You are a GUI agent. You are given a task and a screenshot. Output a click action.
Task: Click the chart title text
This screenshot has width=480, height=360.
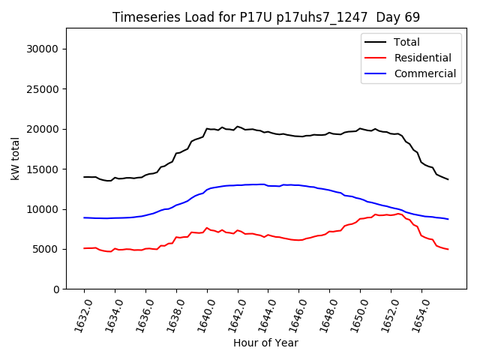pyautogui.click(x=266, y=17)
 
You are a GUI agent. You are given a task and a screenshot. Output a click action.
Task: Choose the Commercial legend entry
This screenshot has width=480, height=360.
pyautogui.click(x=424, y=73)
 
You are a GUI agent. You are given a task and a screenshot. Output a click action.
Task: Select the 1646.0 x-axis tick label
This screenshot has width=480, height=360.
pyautogui.click(x=295, y=310)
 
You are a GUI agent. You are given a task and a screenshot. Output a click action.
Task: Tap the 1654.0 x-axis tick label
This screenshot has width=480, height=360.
pyautogui.click(x=418, y=310)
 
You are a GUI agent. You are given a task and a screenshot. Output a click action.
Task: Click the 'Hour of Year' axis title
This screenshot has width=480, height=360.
pyautogui.click(x=265, y=343)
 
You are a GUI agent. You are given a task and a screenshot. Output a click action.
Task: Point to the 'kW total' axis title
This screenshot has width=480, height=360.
pyautogui.click(x=15, y=159)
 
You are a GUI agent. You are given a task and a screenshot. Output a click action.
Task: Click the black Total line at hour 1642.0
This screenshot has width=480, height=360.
pyautogui.click(x=238, y=127)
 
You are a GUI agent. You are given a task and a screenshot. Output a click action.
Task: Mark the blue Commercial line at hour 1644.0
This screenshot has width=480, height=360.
pyautogui.click(x=268, y=185)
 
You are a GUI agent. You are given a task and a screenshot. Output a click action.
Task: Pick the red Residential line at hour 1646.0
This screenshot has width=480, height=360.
pyautogui.click(x=299, y=240)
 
